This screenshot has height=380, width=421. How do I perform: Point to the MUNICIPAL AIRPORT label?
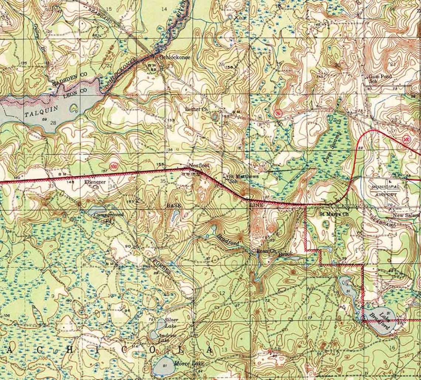coord(386,190)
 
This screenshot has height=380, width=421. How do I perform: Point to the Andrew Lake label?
coord(167,338)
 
